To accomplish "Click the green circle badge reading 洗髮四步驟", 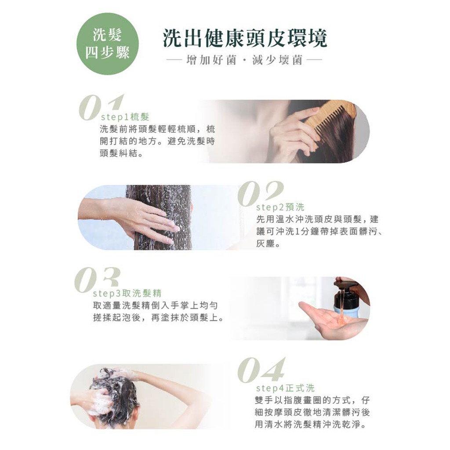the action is (x=107, y=44).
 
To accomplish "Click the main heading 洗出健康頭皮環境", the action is (x=245, y=38).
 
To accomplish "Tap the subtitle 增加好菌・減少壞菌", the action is (x=244, y=60).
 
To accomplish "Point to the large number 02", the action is (x=260, y=194).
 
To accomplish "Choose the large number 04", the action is (x=261, y=370).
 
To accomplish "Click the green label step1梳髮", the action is (x=125, y=117).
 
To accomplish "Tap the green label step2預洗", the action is (x=280, y=207).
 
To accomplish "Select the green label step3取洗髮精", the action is (x=127, y=293).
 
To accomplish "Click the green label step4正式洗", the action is (x=285, y=388).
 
